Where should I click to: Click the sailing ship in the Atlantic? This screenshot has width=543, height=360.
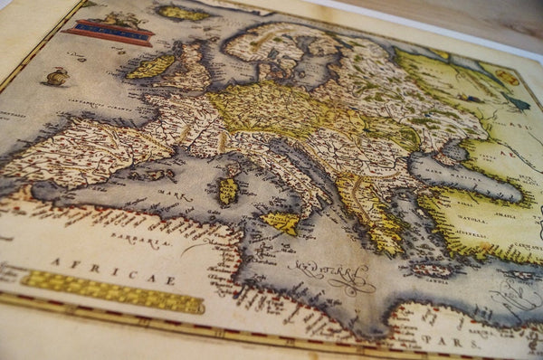[x=56, y=78]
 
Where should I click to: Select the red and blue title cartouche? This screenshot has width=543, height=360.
[x=108, y=33]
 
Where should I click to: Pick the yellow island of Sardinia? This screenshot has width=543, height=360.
[x=228, y=190]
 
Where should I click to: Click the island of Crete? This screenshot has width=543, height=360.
[x=433, y=270]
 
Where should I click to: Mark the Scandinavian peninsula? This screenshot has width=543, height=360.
[x=271, y=45]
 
